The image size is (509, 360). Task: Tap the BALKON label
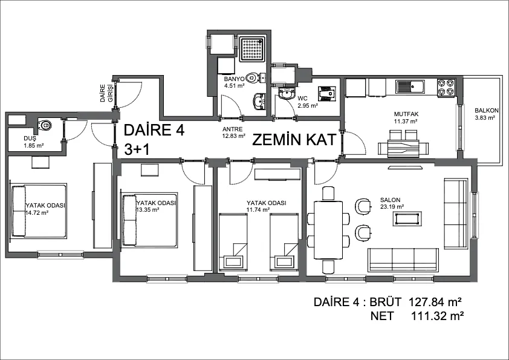click(x=487, y=111)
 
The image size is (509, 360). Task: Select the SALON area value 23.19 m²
click(x=392, y=207)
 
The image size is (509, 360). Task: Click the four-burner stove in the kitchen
click(x=446, y=87)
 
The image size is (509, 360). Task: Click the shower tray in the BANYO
click(x=253, y=49)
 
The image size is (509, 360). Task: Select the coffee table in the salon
click(x=407, y=218)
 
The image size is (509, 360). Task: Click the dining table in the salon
click(x=328, y=230)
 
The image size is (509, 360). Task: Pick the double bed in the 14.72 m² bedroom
click(x=39, y=211)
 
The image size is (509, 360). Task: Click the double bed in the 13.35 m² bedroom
click(x=149, y=220)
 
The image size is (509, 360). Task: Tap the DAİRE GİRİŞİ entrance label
click(x=106, y=93)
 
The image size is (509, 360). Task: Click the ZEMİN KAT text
click(x=294, y=140)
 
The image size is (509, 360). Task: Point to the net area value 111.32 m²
click(x=437, y=315)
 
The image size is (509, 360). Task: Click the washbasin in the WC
click(x=287, y=94)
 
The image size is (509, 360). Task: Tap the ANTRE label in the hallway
click(x=232, y=129)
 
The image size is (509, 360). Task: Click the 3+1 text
click(x=137, y=150)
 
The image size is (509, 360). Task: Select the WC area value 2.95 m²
click(x=308, y=106)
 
